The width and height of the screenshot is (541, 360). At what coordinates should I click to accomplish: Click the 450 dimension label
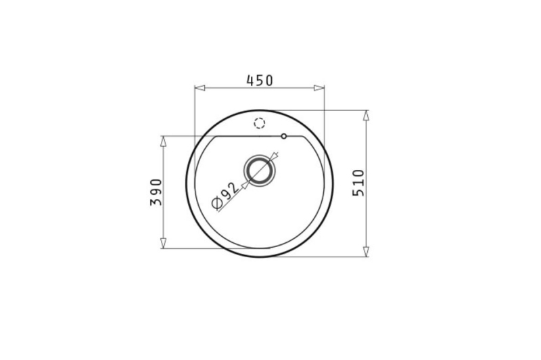click(260, 81)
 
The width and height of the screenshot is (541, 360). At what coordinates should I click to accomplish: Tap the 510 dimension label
click(358, 183)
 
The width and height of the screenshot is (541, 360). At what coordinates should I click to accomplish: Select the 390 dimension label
click(156, 192)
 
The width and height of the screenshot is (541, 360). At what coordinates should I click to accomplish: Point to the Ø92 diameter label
click(225, 196)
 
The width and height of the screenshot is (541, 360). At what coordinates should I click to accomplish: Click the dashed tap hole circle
click(259, 123)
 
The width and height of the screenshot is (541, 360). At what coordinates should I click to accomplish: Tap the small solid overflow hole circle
click(283, 136)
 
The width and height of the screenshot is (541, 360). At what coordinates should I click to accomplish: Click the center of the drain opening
click(260, 169)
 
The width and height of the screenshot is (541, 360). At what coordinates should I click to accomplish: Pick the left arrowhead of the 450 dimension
click(199, 88)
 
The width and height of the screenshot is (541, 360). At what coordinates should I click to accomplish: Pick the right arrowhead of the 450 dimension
click(319, 88)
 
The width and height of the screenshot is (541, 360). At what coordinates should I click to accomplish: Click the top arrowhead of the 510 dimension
click(367, 116)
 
